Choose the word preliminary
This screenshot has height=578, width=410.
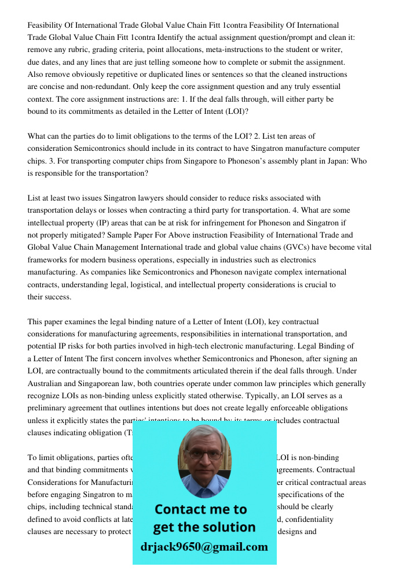51,408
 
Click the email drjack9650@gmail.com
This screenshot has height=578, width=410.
204,547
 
